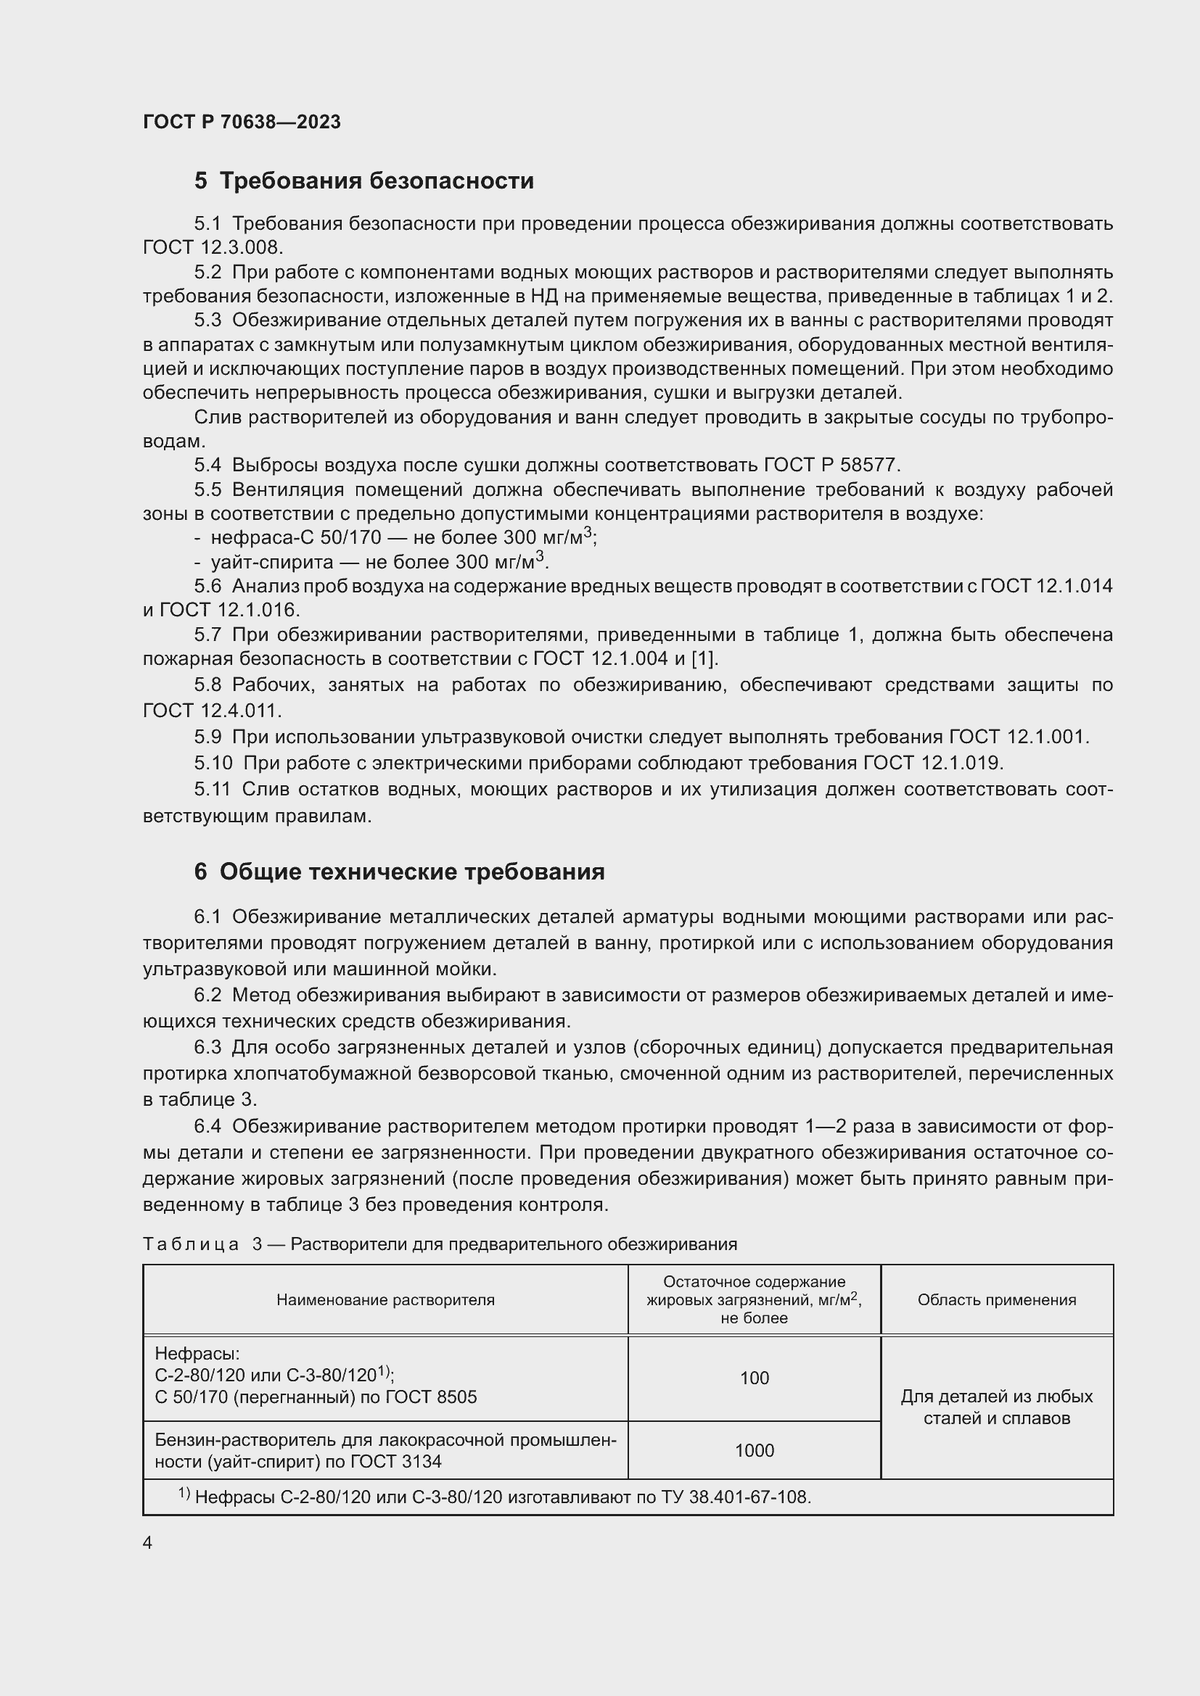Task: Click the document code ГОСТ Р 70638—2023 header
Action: pos(242,122)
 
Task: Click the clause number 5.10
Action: pos(213,762)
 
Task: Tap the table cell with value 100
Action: pos(754,1378)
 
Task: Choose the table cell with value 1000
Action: pos(754,1450)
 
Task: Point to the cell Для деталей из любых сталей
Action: pos(996,1407)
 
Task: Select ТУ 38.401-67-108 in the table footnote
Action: pos(749,1497)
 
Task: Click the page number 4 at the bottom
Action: pos(148,1543)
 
